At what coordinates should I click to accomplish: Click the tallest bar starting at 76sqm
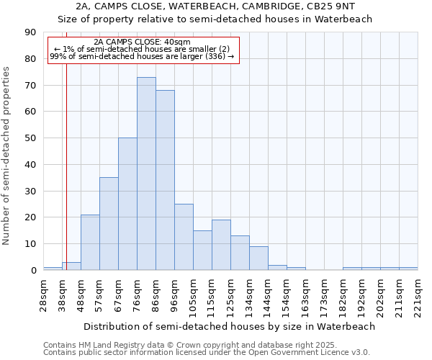click(146, 174)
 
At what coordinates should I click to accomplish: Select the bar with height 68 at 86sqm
click(165, 180)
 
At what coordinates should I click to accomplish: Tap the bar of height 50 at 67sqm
click(127, 204)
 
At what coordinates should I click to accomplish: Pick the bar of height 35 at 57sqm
click(109, 224)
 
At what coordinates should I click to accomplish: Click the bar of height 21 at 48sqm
click(90, 243)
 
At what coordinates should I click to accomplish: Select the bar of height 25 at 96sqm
click(184, 237)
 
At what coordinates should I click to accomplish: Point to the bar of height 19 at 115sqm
click(221, 245)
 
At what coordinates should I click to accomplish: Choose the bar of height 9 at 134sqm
click(258, 258)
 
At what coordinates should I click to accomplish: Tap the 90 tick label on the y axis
click(30, 32)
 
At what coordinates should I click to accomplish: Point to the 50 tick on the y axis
click(30, 138)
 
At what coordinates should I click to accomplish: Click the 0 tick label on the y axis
click(33, 270)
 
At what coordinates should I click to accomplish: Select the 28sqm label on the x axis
click(43, 293)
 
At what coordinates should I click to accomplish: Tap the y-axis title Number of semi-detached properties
click(7, 156)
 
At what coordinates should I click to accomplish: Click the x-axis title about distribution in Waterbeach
click(230, 326)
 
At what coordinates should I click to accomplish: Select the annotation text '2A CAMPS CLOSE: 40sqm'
click(142, 42)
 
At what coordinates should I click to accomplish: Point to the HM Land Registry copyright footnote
click(206, 345)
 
